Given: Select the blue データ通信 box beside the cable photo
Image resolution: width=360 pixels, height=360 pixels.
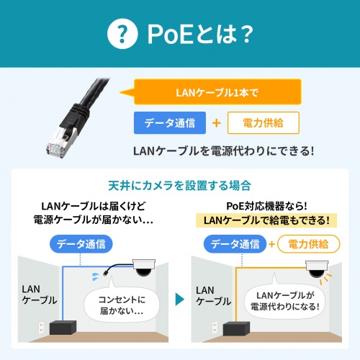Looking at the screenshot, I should [x=169, y=123].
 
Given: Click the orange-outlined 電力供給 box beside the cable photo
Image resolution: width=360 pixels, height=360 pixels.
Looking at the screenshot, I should [x=263, y=123].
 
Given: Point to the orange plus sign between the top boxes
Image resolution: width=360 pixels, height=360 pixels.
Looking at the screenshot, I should [x=216, y=123].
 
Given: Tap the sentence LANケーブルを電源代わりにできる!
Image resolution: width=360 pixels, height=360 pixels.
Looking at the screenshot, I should [x=223, y=151].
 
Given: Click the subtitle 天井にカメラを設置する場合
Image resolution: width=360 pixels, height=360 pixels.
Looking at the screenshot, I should [x=180, y=185].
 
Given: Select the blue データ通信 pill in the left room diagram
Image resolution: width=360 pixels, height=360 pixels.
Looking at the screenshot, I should [x=81, y=244].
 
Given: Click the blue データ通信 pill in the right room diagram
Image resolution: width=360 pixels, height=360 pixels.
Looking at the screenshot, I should [x=235, y=244].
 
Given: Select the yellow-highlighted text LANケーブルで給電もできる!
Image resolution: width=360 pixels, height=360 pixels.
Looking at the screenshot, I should [x=267, y=220].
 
